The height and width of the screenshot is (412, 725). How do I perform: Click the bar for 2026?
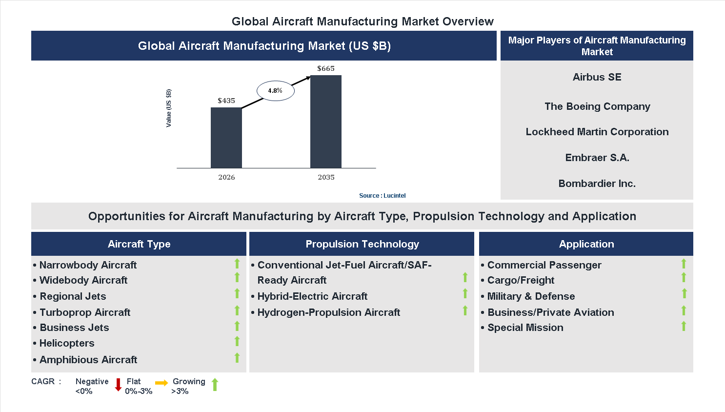coord(226,138)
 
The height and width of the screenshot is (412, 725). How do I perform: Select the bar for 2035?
coord(326,122)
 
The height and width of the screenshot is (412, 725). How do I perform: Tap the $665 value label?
coord(326,68)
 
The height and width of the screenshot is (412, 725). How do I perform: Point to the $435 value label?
coord(226,101)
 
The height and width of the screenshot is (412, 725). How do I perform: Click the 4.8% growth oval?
coord(276,91)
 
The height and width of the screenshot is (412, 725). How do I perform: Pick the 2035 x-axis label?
coord(326,177)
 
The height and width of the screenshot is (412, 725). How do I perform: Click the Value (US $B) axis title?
coord(169,108)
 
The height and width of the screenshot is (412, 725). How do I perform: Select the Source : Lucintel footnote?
coord(382,196)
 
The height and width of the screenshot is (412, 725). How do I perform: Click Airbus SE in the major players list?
coord(597,77)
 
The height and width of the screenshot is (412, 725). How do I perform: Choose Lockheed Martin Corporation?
coord(597,132)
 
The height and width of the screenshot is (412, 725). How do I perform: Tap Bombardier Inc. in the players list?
coord(597,184)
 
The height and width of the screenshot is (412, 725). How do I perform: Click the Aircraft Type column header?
coord(139,244)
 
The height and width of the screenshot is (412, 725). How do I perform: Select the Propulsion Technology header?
coord(362,244)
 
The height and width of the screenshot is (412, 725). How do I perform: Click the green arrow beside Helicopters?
coord(237,342)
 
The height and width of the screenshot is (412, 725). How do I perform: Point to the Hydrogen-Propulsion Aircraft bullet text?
coord(328,312)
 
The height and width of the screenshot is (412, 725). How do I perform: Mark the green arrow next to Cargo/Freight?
coord(684,278)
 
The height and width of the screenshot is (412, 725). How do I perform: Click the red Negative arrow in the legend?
coord(118,385)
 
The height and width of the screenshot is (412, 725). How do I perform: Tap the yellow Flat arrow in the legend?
coord(161,383)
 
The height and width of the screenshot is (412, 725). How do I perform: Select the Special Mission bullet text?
coord(525,328)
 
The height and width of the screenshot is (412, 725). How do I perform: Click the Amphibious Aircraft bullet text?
coord(88,360)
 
